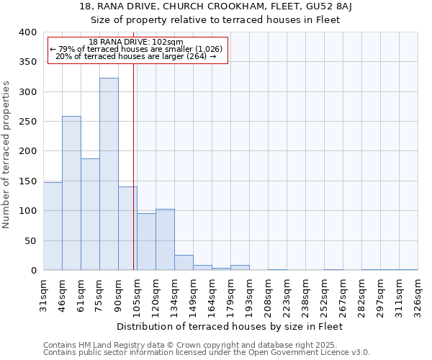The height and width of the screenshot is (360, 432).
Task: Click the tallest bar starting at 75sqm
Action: [109, 174]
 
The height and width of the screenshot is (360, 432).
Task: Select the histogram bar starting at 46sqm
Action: [71, 193]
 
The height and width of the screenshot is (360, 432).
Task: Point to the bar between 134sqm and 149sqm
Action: [184, 263]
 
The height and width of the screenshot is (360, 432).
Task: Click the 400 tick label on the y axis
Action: [27, 32]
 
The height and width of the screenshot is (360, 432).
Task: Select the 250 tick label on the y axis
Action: [27, 122]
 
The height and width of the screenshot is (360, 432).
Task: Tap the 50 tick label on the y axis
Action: [30, 240]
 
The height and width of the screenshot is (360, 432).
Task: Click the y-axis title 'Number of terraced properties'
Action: [6, 154]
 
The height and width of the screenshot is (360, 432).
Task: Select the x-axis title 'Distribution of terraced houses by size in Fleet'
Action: [230, 326]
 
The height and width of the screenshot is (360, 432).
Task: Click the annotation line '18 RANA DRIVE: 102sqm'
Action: [137, 42]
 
